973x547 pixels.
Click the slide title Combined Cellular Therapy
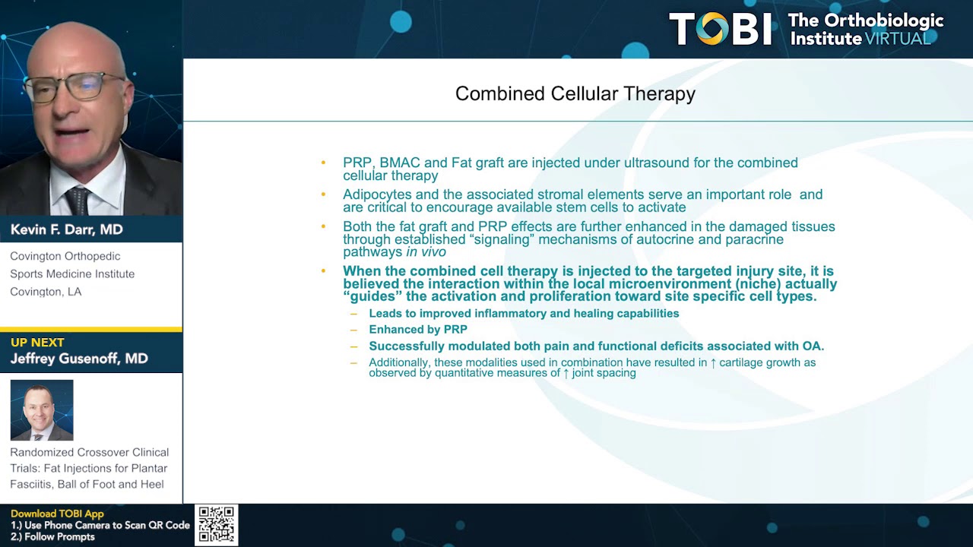(x=575, y=93)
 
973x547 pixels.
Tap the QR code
(x=217, y=525)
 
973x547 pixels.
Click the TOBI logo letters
(x=720, y=29)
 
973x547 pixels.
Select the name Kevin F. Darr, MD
(x=66, y=229)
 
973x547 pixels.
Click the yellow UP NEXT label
(x=37, y=343)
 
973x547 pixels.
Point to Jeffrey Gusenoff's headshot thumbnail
(x=42, y=410)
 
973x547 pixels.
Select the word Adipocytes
(x=377, y=195)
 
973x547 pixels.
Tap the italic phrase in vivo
(x=426, y=252)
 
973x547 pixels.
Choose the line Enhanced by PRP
(x=418, y=330)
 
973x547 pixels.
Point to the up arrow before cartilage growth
(x=713, y=363)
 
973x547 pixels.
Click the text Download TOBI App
(x=57, y=514)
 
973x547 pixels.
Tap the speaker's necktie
(x=78, y=201)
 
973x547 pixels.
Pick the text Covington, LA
(x=46, y=292)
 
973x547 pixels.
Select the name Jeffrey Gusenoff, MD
(x=79, y=359)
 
